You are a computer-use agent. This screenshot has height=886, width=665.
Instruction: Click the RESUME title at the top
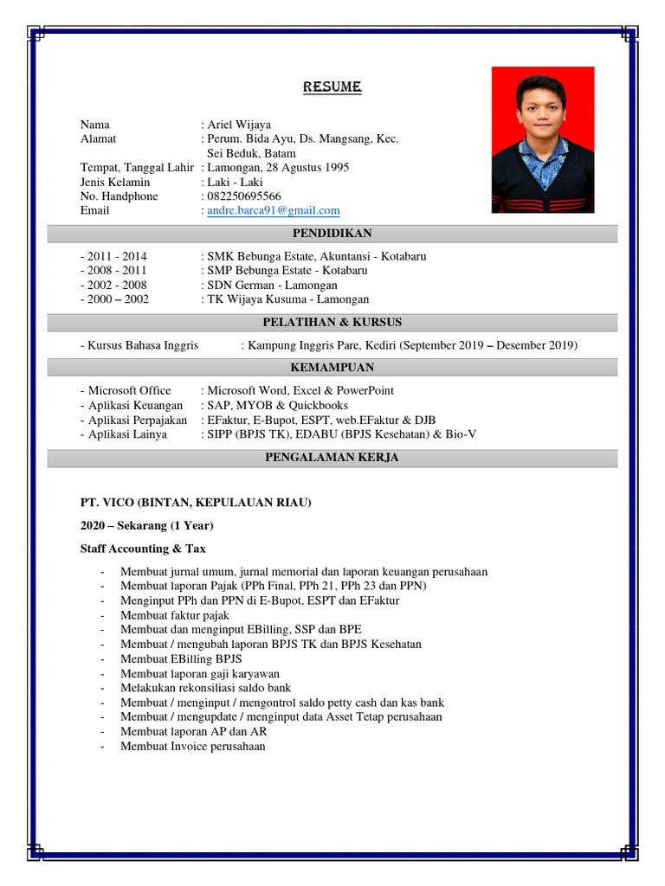pyautogui.click(x=332, y=87)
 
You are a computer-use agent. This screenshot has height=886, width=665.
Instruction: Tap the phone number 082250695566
pyautogui.click(x=244, y=196)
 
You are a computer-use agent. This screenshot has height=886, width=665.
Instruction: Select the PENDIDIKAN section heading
pyautogui.click(x=332, y=234)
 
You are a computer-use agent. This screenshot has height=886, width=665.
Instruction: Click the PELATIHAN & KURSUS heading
pyautogui.click(x=332, y=323)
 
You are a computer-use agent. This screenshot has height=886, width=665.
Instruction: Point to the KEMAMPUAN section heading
pyautogui.click(x=332, y=368)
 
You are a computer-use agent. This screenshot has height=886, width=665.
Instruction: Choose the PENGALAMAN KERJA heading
pyautogui.click(x=332, y=458)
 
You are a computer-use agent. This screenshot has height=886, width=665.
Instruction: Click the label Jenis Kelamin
pyautogui.click(x=115, y=182)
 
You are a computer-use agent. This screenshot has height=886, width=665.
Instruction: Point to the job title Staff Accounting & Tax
pyautogui.click(x=143, y=549)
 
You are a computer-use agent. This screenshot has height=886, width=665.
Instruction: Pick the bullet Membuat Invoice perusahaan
pyautogui.click(x=193, y=746)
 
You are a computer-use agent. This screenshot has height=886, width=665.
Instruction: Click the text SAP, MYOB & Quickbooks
pyautogui.click(x=278, y=405)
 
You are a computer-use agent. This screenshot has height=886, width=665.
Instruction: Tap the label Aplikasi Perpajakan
pyautogui.click(x=138, y=420)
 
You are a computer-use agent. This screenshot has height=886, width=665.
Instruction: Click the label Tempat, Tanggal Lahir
pyautogui.click(x=137, y=167)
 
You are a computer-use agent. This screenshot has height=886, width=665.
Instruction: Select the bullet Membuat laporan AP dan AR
pyautogui.click(x=194, y=731)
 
